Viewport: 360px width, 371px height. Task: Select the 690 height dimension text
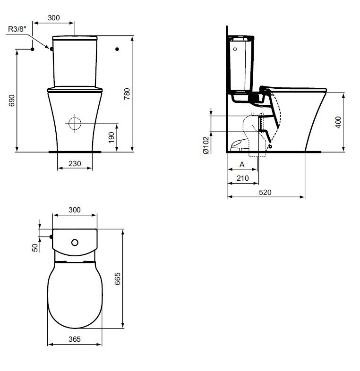click(12, 101)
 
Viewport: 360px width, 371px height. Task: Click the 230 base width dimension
click(75, 164)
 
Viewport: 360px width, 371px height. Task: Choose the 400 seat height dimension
click(338, 122)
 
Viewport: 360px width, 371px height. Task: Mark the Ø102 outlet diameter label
click(206, 145)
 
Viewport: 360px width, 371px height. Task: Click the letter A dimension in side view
click(242, 165)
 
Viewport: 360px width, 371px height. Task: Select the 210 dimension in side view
click(242, 178)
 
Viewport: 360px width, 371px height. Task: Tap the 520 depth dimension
click(266, 193)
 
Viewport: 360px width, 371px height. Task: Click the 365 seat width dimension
click(75, 339)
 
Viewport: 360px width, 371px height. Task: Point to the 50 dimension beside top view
click(35, 248)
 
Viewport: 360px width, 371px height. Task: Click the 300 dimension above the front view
click(54, 17)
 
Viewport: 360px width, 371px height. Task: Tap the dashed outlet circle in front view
click(75, 123)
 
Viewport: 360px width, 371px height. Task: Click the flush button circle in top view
click(75, 242)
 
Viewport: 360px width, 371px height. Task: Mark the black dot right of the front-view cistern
click(117, 49)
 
